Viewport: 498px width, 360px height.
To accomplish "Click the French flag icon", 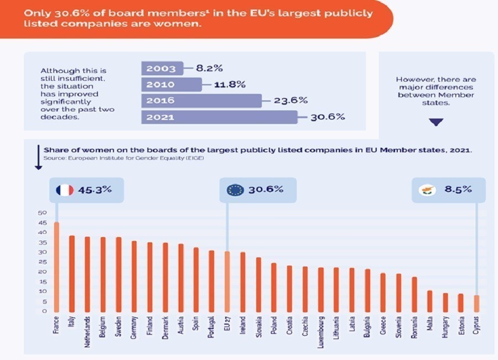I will click(65, 190).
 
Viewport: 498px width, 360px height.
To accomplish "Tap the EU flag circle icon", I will click(235, 190).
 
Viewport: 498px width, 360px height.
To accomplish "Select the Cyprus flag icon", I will click(428, 190).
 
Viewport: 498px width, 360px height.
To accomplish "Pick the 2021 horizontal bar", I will click(219, 117).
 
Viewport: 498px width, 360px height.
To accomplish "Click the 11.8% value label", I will click(230, 85).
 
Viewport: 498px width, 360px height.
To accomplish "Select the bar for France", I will click(56, 266).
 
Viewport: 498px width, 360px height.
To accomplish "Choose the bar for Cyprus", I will click(476, 303).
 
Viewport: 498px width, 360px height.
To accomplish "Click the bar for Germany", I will click(134, 275).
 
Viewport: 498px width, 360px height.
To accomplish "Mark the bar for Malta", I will click(430, 300).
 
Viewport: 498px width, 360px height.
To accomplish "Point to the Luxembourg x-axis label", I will click(320, 332).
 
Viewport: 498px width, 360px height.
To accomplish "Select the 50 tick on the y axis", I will click(43, 213).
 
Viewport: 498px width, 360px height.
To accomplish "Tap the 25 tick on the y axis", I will click(43, 262).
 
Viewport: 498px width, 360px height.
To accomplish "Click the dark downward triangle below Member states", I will click(436, 122).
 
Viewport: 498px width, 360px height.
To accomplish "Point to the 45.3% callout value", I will click(96, 190).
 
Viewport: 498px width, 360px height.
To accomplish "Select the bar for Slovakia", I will click(258, 284).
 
